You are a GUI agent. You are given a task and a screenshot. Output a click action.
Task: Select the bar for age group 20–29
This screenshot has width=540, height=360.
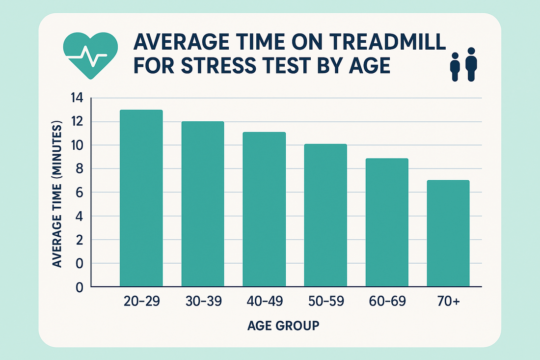tap(141, 198)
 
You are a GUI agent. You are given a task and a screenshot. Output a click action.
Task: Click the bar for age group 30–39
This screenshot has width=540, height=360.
tap(203, 204)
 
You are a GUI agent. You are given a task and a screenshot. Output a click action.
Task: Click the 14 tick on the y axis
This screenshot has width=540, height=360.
tap(78, 98)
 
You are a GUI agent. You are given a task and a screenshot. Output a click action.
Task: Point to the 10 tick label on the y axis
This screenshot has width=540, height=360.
tap(78, 146)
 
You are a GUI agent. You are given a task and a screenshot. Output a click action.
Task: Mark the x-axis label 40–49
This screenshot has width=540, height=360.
tap(264, 302)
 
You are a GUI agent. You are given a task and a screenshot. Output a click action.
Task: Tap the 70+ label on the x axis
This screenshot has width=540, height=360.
tap(448, 302)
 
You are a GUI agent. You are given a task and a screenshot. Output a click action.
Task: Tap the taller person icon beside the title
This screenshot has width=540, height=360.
tap(471, 64)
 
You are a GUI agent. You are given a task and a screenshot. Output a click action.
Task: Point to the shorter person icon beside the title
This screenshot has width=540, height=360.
tap(455, 67)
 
